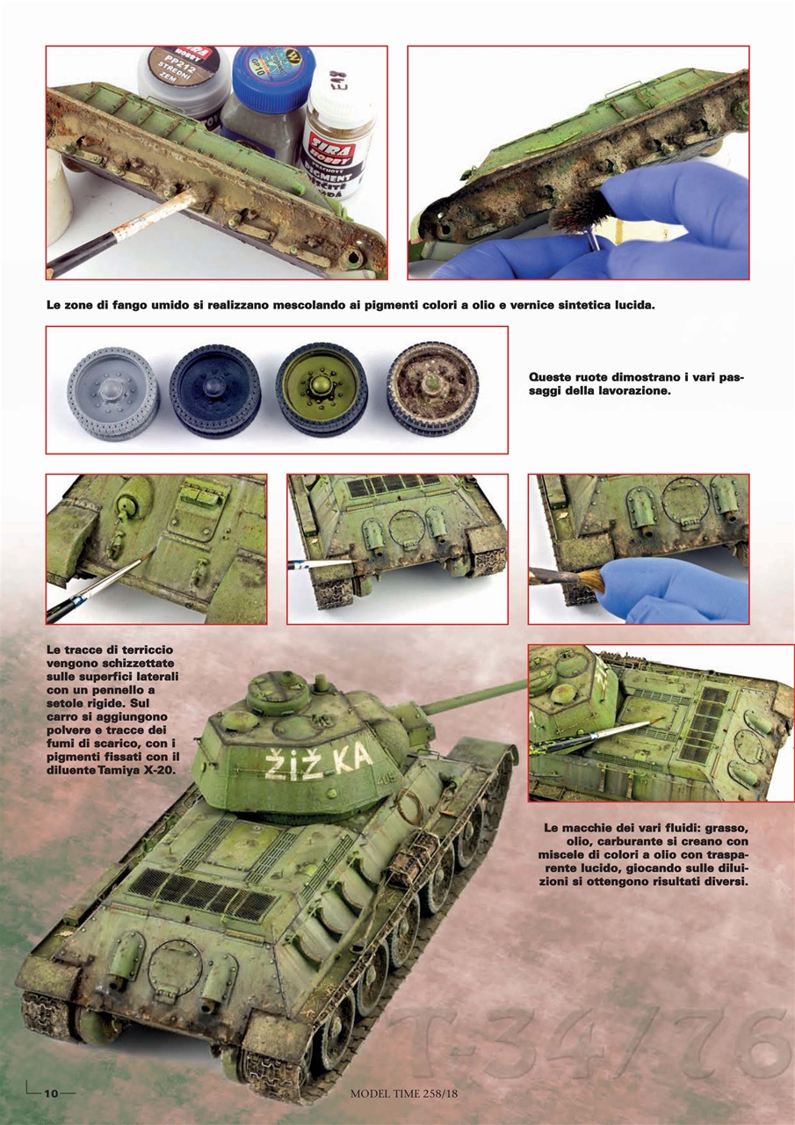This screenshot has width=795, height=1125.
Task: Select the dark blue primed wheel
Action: click(214, 391)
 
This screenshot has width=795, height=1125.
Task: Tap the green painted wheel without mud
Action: click(322, 391)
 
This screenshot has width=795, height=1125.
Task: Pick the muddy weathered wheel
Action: click(432, 391)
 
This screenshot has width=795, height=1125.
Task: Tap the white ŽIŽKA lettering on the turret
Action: click(320, 763)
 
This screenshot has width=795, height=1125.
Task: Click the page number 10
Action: click(51, 1092)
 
